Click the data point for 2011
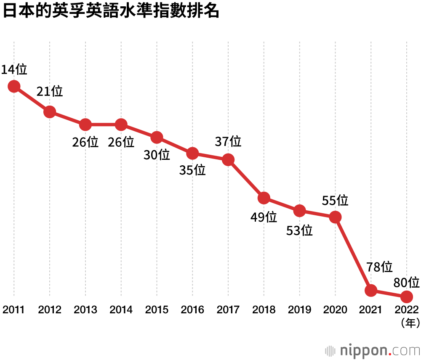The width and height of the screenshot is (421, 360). click(14, 86)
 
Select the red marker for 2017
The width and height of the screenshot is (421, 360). click(228, 160)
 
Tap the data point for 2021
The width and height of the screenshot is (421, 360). click(371, 290)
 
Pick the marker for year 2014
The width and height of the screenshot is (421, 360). click(121, 124)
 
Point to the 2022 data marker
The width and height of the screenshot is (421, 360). click(406, 297)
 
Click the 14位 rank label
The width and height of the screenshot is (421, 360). click(14, 69)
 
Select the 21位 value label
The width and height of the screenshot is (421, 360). click(50, 91)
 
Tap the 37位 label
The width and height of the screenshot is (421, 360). click(228, 141)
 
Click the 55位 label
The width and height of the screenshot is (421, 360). click(335, 200)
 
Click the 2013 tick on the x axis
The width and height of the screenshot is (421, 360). click(85, 310)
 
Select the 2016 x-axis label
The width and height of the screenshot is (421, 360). click(192, 310)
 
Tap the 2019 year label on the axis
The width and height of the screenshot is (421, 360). click(300, 310)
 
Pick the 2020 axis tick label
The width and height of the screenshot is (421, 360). click(335, 310)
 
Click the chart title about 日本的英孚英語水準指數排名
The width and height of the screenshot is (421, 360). click(112, 11)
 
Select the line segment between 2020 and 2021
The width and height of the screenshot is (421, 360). click(353, 254)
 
